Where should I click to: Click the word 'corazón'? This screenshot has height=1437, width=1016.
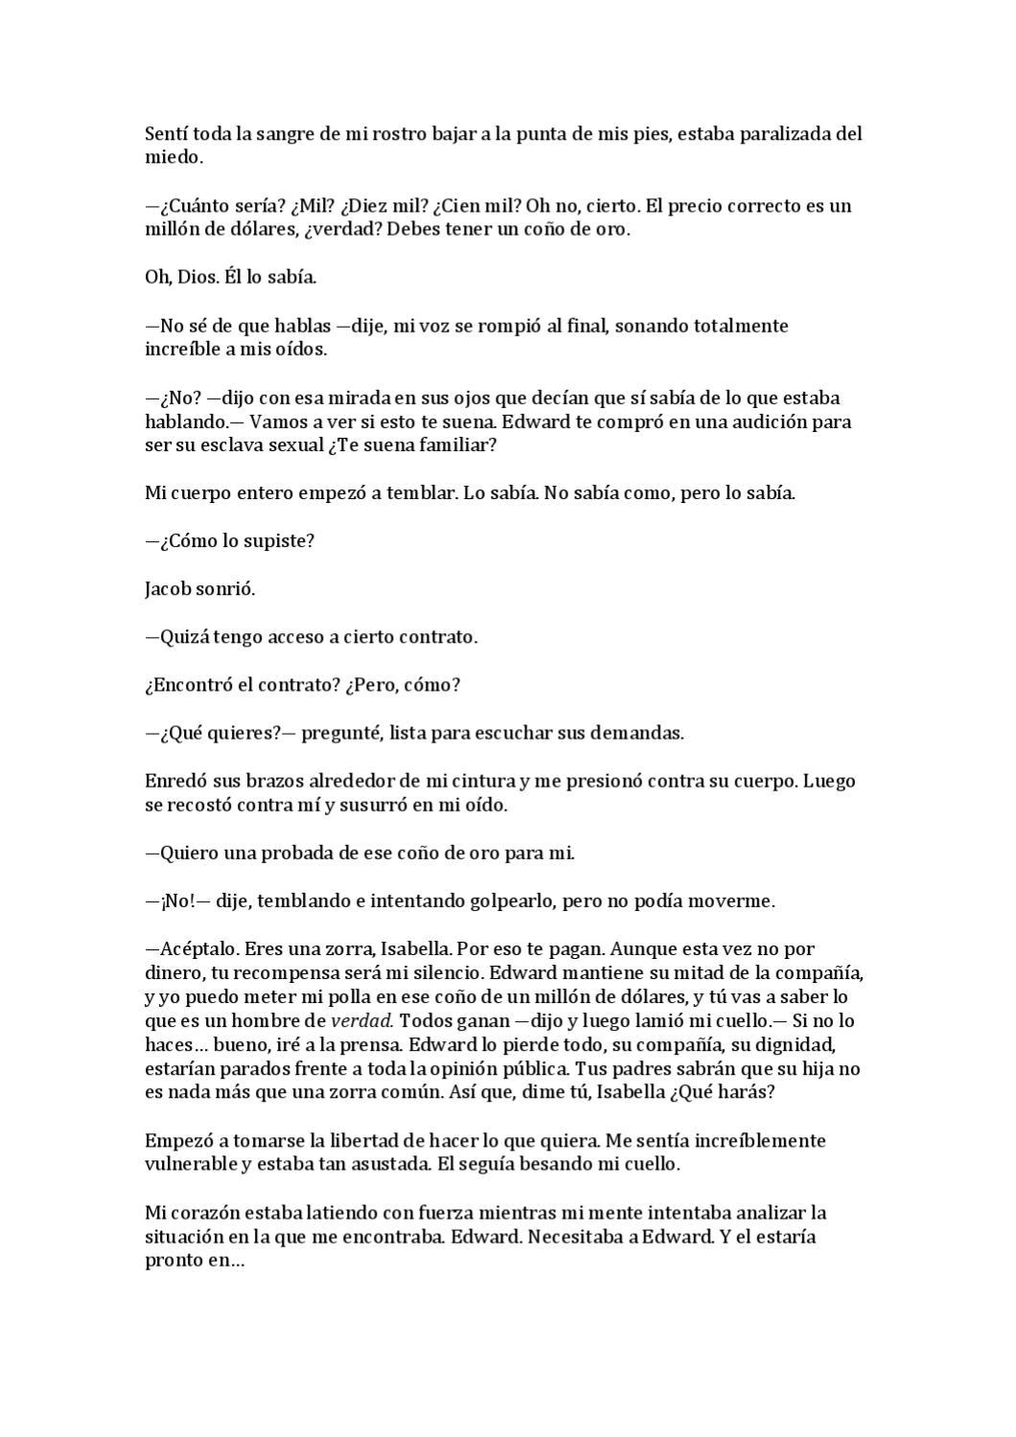tap(202, 1213)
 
